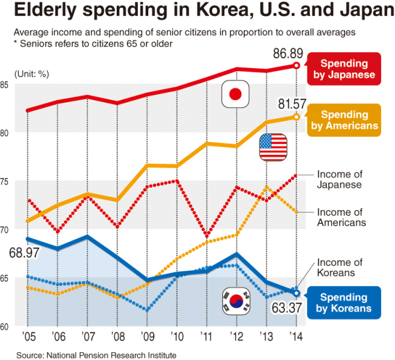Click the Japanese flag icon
[236, 93]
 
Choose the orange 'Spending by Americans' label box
[344, 120]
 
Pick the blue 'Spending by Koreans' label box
[344, 303]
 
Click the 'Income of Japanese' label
[340, 180]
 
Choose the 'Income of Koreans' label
[340, 268]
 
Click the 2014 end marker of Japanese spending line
[296, 65]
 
